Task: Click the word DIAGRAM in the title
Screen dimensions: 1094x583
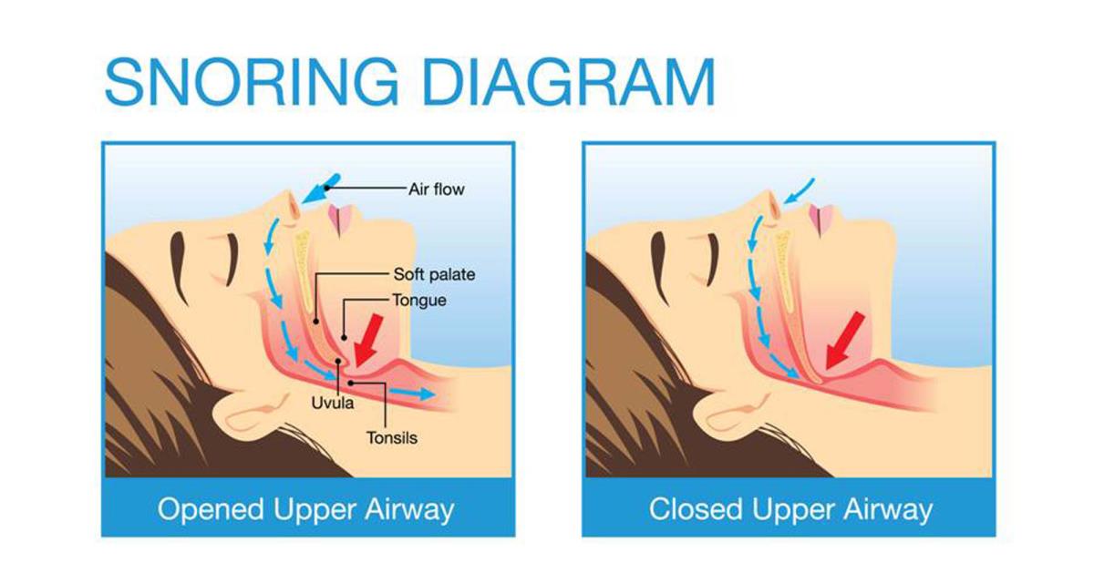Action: pos(570,81)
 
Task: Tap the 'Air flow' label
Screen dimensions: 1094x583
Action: pos(436,189)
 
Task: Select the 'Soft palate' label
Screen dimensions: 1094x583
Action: pos(434,274)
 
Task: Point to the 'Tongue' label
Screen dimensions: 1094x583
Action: pos(419,300)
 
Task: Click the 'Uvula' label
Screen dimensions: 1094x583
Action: pos(333,403)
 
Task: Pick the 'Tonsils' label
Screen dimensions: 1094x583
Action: pos(392,437)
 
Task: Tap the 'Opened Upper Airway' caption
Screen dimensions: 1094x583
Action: pos(305,509)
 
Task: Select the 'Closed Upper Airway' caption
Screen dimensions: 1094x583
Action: pos(790,509)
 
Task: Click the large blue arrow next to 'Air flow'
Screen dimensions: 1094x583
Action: pos(320,189)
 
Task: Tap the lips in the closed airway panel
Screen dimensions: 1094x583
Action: pos(821,219)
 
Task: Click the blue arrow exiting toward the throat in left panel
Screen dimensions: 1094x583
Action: pos(412,394)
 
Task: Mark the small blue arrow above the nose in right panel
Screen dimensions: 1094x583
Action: pos(799,190)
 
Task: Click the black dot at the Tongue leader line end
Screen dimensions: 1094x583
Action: pos(345,338)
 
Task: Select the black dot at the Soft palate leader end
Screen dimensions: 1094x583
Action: pos(316,322)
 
